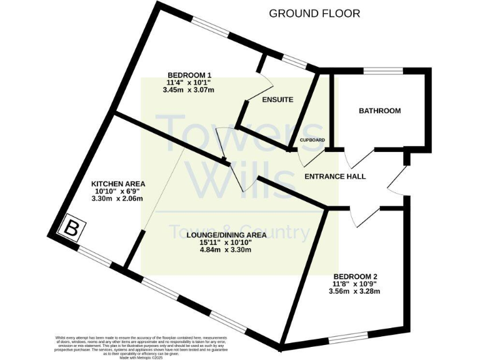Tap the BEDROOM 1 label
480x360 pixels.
pos(189,74)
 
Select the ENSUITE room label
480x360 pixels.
pos(277,99)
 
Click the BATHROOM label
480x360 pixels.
pos(379,111)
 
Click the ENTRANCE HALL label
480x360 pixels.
pos(334,176)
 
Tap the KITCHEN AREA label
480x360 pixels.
pos(118,184)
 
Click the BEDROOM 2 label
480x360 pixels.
pos(355,276)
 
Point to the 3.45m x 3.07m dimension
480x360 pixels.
pos(189,90)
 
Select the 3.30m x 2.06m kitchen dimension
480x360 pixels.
pos(118,199)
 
